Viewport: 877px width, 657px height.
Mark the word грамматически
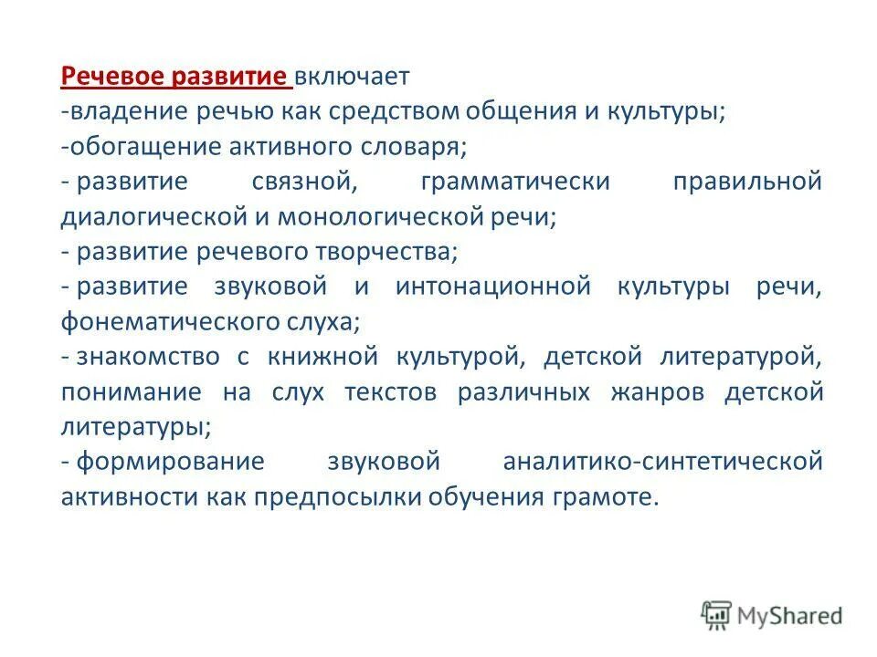pos(515,181)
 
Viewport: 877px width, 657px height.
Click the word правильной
pos(760,181)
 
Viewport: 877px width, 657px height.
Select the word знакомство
pos(148,356)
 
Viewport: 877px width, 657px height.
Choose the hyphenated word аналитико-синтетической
pos(662,462)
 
